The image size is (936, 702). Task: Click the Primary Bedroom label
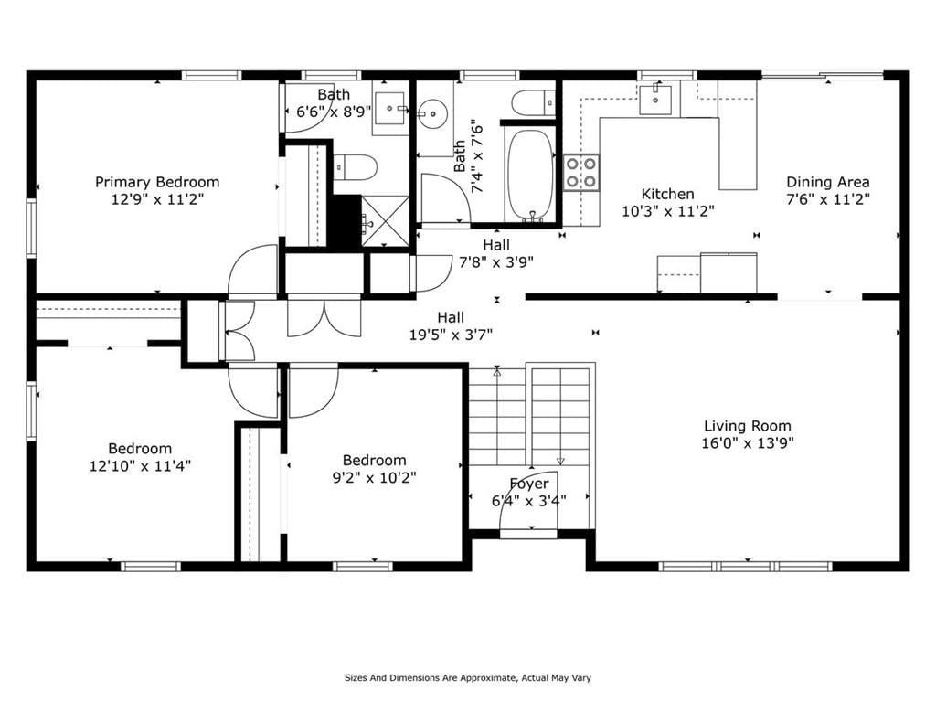point(157,182)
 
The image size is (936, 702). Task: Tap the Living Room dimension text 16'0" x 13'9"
point(748,443)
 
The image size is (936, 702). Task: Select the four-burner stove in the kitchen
point(580,172)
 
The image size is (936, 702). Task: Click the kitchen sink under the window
point(655,99)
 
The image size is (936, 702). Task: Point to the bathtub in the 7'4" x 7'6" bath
point(529,175)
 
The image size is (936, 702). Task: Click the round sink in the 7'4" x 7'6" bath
point(432,112)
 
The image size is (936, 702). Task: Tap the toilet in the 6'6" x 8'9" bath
point(355,167)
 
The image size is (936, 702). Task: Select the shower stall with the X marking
point(386,220)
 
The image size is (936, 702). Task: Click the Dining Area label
point(827,182)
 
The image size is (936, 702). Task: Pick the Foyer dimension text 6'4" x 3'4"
point(529,500)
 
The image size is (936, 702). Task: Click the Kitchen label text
point(667,194)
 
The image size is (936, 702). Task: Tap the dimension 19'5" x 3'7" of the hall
point(451,335)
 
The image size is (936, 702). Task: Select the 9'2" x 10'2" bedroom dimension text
point(374,477)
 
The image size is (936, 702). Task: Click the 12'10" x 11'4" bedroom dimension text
point(140,465)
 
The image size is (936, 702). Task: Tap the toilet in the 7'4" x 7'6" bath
point(534,102)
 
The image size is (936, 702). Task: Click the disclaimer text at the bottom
point(467,677)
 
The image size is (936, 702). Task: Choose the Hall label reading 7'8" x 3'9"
point(496,261)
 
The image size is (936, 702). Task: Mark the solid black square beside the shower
point(346,221)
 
